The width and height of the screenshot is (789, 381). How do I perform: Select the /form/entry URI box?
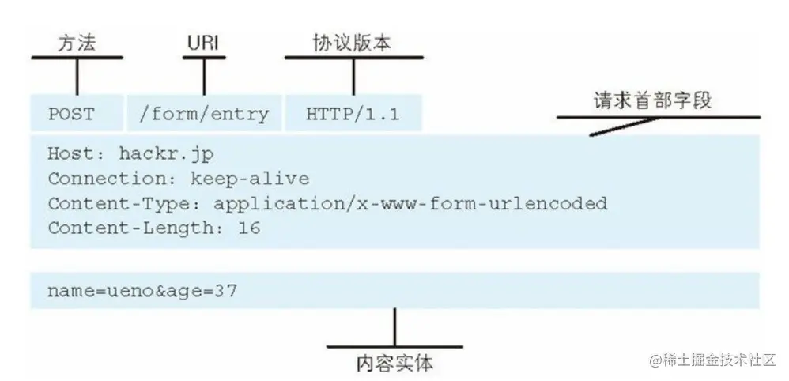203,114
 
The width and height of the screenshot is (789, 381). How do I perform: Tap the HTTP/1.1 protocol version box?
353,114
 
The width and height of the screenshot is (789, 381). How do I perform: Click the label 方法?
77,44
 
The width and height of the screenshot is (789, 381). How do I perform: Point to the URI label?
204,44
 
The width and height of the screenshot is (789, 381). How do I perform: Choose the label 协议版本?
353,44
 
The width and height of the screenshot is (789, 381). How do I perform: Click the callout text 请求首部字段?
652,101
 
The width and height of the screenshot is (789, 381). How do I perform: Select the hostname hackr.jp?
166,154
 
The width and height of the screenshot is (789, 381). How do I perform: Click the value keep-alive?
250,179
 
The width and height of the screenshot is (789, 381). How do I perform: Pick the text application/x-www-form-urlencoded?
410,203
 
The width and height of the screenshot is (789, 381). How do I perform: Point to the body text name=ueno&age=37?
142,291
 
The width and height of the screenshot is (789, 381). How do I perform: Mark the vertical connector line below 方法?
77,77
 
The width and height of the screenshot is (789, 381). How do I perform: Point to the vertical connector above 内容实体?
394,326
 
